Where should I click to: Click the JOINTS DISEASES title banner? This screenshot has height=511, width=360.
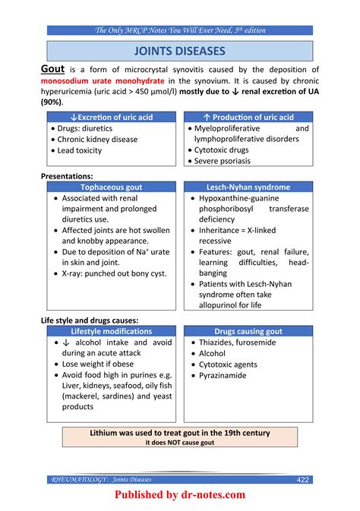pyautogui.click(x=179, y=51)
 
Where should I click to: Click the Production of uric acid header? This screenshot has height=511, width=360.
pyautogui.click(x=248, y=117)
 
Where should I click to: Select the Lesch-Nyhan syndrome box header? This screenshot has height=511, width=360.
pyautogui.click(x=248, y=187)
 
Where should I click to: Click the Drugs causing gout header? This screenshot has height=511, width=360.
pyautogui.click(x=248, y=331)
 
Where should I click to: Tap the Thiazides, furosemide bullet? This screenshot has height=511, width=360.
pyautogui.click(x=237, y=342)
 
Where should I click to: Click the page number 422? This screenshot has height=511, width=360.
pyautogui.click(x=302, y=479)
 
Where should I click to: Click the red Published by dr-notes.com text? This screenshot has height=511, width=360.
pyautogui.click(x=180, y=495)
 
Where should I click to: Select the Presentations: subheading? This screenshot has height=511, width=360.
pyautogui.click(x=67, y=175)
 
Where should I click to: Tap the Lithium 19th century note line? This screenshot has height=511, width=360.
pyautogui.click(x=180, y=433)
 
